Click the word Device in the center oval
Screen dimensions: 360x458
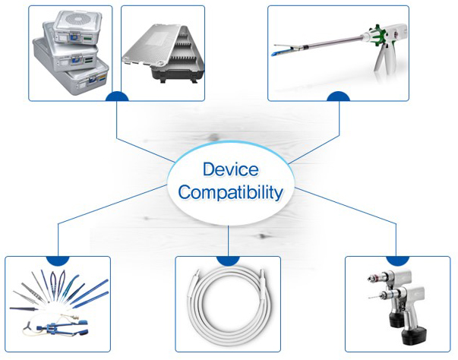229,169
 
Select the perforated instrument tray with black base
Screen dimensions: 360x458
164,54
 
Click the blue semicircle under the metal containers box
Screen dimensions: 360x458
116,98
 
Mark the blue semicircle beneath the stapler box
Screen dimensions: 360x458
338,98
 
